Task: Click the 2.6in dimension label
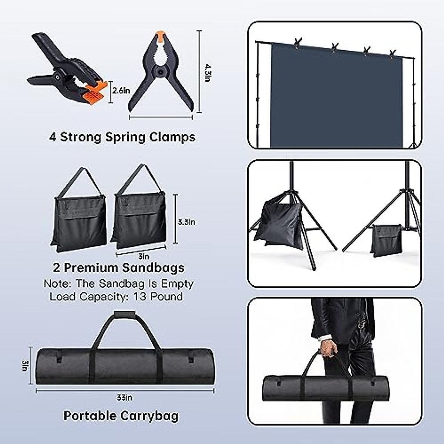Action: click(121, 90)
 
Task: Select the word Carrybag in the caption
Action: click(149, 416)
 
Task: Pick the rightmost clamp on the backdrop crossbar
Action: click(393, 53)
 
